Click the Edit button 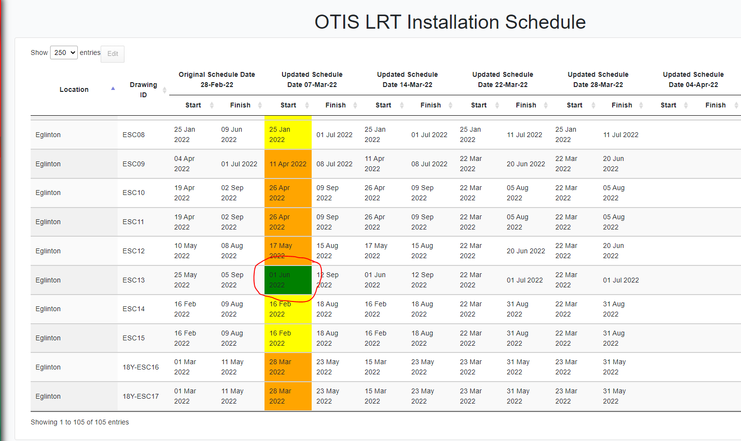pos(112,54)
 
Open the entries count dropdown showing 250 pos(64,53)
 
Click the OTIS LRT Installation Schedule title pos(450,22)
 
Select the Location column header pos(74,89)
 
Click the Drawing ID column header pos(143,89)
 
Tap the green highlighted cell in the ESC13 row pos(288,280)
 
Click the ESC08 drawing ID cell pos(134,135)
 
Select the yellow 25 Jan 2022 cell pos(288,135)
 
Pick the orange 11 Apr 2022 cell pos(288,164)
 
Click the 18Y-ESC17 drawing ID pos(141,396)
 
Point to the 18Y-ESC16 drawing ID pos(141,367)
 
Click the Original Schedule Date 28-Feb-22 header pos(217,79)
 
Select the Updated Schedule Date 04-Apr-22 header pos(693,79)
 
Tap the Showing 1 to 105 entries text pos(80,422)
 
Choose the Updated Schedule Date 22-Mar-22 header pos(502,79)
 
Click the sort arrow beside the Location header pos(113,88)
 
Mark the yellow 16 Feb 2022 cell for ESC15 pos(288,338)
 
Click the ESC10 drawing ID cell pos(134,193)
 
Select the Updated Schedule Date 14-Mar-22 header pos(407,79)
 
